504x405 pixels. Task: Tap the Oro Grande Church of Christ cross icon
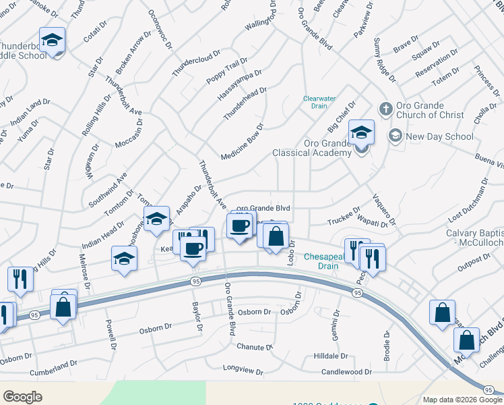coord(385,109)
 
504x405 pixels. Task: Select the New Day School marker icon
coord(395,136)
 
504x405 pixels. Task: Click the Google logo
coord(23,396)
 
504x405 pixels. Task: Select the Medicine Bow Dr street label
coord(241,140)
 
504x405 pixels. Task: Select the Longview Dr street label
coord(244,370)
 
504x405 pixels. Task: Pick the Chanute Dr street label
coord(254,347)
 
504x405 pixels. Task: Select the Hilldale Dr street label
coord(330,356)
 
